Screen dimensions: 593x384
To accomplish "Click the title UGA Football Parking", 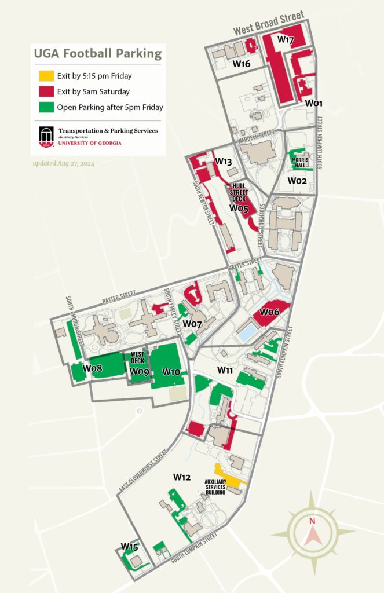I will coord(97,54).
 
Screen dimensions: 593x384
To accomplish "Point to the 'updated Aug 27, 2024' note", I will coord(63,164).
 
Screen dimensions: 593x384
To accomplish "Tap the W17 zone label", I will coord(286,39).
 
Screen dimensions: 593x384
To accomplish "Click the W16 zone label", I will coord(242,64).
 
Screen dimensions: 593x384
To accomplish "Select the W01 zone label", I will coord(314,103).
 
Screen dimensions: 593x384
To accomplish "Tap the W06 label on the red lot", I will coord(269,312).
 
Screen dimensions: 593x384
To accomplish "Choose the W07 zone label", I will coord(192,323).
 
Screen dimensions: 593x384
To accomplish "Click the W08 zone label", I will coord(92,368).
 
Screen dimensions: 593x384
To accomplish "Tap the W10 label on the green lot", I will coord(171,371).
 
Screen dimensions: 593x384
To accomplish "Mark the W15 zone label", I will coord(129,546).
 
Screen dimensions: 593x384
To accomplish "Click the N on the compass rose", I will coord(312,521).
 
